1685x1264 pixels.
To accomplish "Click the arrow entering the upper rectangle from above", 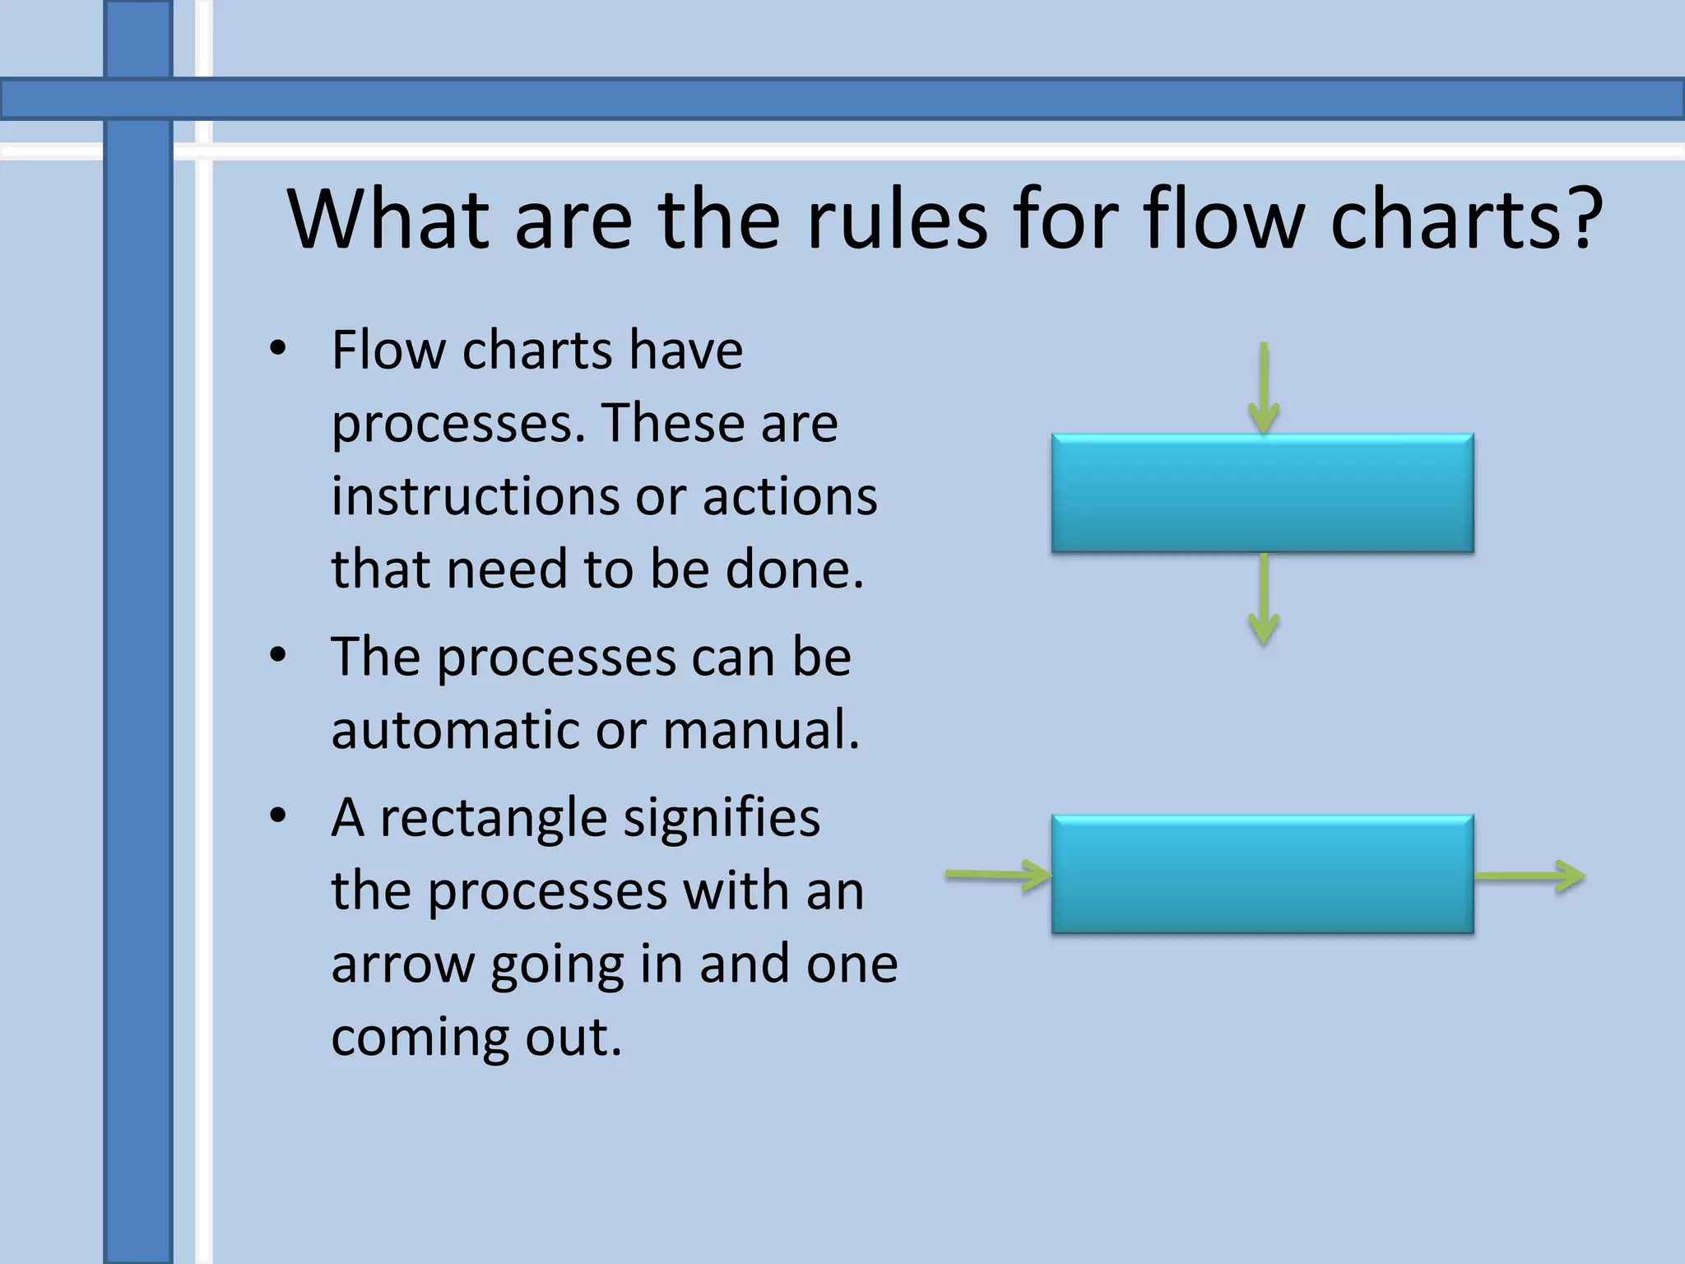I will pyautogui.click(x=1264, y=387).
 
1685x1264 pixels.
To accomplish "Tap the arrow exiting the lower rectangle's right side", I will pyautogui.click(x=1529, y=876).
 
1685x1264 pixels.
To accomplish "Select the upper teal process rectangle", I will pyautogui.click(x=1262, y=493).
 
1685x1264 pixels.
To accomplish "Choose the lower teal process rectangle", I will pyautogui.click(x=1262, y=874).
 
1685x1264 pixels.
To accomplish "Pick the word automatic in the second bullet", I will pyautogui.click(x=454, y=730).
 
